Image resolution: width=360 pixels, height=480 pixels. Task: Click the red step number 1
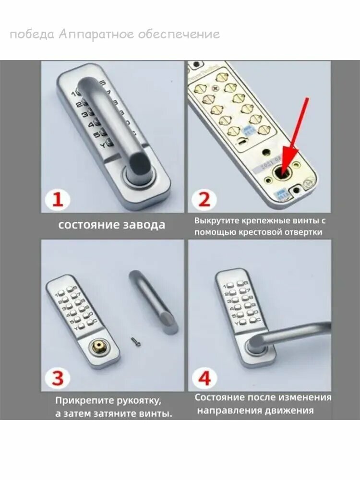pos(58,199)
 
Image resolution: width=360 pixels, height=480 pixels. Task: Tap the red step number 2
pos(204,199)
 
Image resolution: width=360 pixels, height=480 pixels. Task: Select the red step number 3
pos(58,378)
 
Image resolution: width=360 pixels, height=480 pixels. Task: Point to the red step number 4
pos(205,378)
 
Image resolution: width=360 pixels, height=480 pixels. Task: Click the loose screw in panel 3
pos(136,341)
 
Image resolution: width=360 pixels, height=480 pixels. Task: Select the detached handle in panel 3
pos(154,302)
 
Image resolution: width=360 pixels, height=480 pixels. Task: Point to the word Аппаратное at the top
pos(96,34)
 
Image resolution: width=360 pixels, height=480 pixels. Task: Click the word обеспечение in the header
pos(179,34)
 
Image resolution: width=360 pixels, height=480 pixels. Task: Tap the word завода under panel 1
pos(144,225)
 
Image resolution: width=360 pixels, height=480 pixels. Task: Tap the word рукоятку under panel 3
pos(139,401)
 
